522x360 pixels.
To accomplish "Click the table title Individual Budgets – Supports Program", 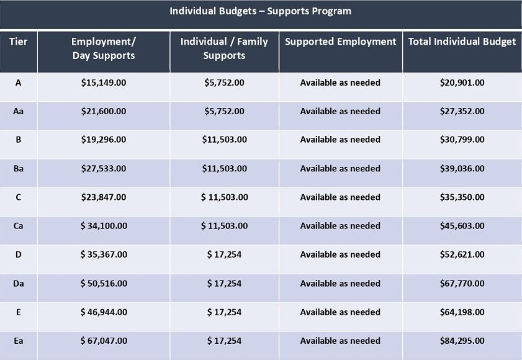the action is point(260,11).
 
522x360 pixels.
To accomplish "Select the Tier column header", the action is point(18,42).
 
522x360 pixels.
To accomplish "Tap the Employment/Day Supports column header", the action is point(104,48).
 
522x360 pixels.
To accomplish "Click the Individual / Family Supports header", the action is point(224,48).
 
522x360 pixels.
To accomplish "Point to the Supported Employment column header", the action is point(341,42).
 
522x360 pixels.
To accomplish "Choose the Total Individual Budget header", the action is point(462,42).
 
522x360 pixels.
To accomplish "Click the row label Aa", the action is point(18,111).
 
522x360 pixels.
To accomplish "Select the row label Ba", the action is point(18,168).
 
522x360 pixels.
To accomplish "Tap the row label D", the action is point(18,254).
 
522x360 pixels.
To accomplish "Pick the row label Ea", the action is point(18,341).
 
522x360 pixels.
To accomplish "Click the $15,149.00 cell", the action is point(104,83).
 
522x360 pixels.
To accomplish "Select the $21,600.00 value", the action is point(104,111).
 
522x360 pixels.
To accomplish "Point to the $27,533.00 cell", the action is point(104,168).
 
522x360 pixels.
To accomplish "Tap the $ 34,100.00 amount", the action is point(104,226).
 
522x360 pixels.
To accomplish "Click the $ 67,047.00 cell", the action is point(104,341).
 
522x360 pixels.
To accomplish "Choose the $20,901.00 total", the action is point(462,83).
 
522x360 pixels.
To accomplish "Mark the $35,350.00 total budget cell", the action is point(462,197).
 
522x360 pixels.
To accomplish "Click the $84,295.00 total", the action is point(462,341).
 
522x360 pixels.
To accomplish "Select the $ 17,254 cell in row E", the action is point(224,312).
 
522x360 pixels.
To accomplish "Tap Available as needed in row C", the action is point(340,197).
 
